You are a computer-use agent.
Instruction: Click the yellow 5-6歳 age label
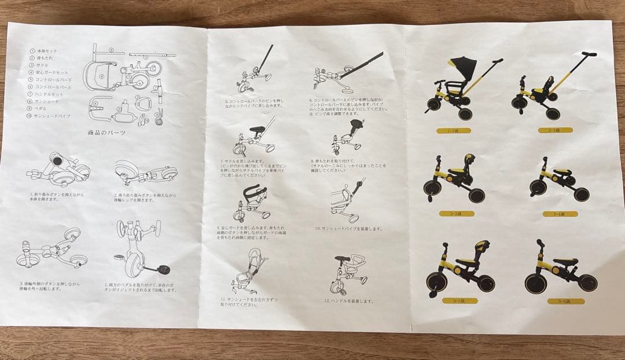564,302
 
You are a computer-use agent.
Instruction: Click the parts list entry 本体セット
47,51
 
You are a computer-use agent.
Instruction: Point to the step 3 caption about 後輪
50,286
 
